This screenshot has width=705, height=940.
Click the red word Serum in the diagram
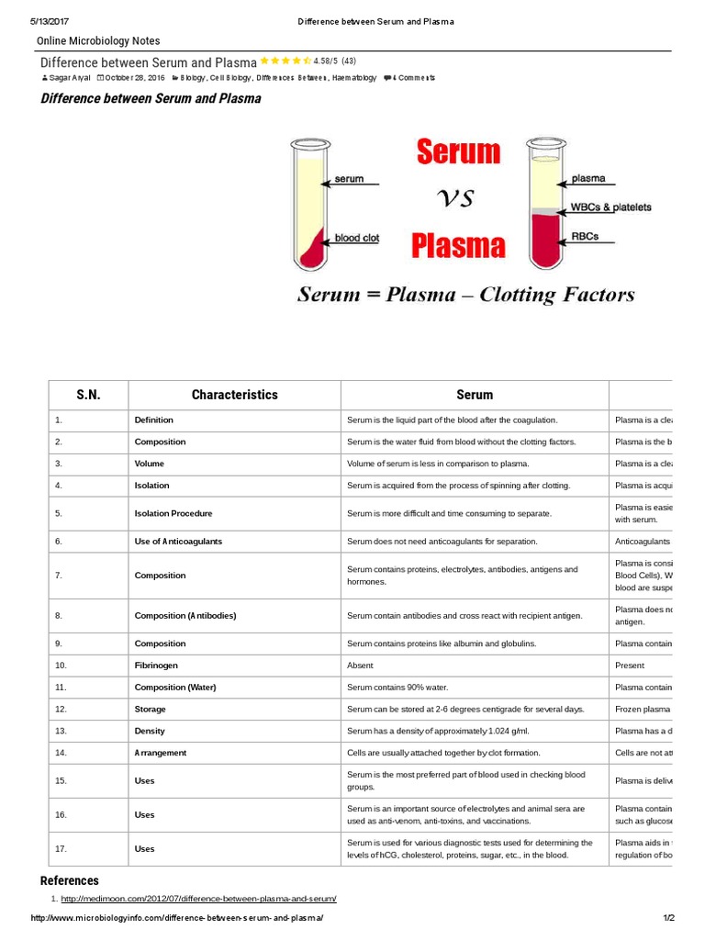click(x=458, y=151)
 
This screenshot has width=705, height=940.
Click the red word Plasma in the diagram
click(x=458, y=245)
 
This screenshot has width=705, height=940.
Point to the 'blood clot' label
click(x=357, y=237)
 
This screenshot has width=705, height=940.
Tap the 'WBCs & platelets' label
click(x=611, y=207)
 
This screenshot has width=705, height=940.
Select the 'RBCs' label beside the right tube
click(x=585, y=236)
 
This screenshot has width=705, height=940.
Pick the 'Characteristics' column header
click(x=234, y=395)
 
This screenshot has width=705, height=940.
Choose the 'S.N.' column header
click(x=88, y=395)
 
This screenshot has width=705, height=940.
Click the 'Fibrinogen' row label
click(x=157, y=666)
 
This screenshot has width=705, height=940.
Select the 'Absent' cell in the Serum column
click(x=360, y=666)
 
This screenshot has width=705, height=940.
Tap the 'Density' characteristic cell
click(x=151, y=731)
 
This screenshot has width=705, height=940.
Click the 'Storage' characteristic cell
click(x=151, y=710)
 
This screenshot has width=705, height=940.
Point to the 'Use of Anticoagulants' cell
click(x=178, y=542)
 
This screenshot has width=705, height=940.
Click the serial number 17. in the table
click(x=61, y=849)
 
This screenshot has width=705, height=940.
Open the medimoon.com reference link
click(x=198, y=898)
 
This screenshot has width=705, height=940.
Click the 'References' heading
click(x=70, y=880)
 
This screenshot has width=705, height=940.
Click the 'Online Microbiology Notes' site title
click(x=98, y=41)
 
